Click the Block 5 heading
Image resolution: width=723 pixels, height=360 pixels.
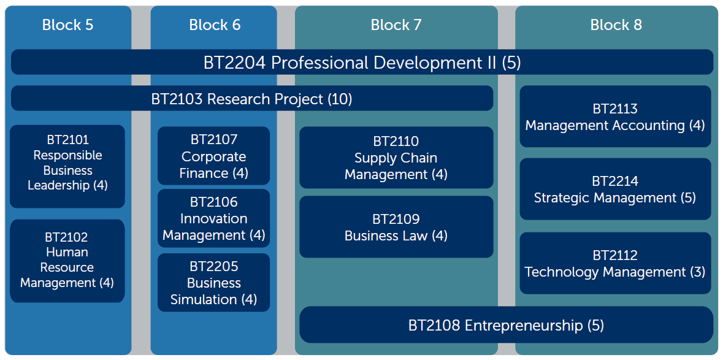pyautogui.click(x=68, y=25)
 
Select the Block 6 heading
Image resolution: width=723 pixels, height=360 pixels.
pyautogui.click(x=215, y=25)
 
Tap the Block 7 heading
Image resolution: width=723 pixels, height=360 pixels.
pyautogui.click(x=396, y=25)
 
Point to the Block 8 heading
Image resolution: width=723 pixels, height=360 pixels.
pyautogui.click(x=616, y=25)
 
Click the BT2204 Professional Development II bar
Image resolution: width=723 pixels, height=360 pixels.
pyautogui.click(x=362, y=62)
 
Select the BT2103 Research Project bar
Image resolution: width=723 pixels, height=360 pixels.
pyautogui.click(x=252, y=99)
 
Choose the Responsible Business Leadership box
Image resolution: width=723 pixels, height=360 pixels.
pyautogui.click(x=67, y=166)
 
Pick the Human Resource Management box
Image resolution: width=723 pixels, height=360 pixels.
pyautogui.click(x=67, y=261)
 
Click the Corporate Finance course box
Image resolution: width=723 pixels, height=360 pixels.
pyautogui.click(x=213, y=156)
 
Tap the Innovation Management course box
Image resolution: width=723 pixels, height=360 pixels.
pyautogui.click(x=213, y=218)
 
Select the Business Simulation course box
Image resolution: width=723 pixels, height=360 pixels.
pyautogui.click(x=213, y=283)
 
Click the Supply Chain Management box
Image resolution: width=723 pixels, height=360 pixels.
pyautogui.click(x=396, y=158)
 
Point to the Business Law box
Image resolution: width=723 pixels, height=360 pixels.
pyautogui.click(x=396, y=227)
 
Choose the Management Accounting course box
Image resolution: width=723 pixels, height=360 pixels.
pyautogui.click(x=615, y=117)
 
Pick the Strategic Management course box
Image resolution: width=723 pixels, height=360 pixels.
pyautogui.click(x=615, y=189)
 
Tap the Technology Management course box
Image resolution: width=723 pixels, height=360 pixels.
pyautogui.click(x=615, y=263)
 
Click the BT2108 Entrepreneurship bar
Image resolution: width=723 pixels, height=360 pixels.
pyautogui.click(x=507, y=325)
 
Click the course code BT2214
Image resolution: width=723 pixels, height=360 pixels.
pyautogui.click(x=615, y=181)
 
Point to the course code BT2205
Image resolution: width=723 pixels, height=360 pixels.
pyautogui.click(x=213, y=266)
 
